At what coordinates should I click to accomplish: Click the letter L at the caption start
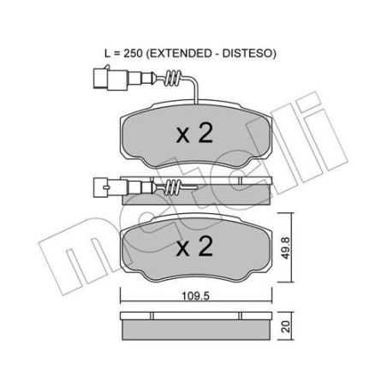click(x=109, y=53)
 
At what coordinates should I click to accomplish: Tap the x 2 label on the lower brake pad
click(x=193, y=249)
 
